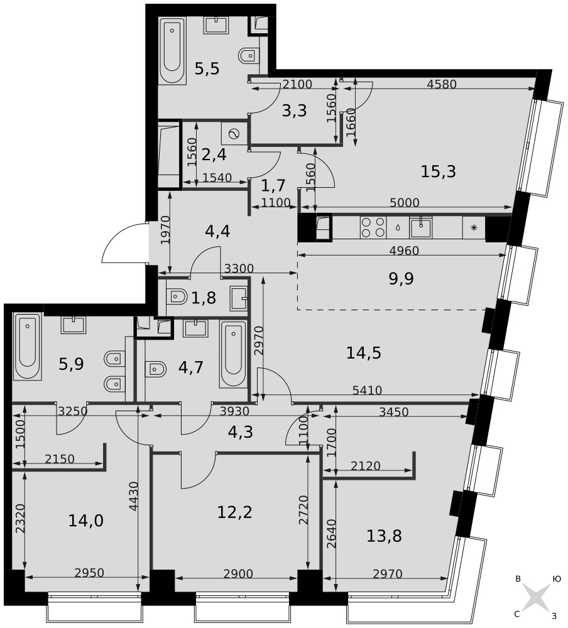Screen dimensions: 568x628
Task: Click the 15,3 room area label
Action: pos(438,171)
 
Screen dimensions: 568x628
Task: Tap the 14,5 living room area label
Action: pos(364,353)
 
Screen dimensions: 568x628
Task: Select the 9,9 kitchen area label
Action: pos(401,278)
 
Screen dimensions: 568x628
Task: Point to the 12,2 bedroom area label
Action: pos(234,512)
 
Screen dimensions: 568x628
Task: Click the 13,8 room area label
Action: pos(384,536)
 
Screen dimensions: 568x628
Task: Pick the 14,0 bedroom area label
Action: pos(86,521)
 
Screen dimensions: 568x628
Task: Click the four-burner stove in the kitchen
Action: pos(373,227)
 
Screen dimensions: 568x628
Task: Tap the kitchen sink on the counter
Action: pos(420,227)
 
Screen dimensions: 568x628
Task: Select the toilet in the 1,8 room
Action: pos(179,297)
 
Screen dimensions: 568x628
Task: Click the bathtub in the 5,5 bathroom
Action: pos(172,50)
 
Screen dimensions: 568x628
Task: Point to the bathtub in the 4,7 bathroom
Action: pos(233,354)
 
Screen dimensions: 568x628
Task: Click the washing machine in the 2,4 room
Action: pos(234,133)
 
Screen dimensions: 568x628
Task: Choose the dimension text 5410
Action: pos(367,390)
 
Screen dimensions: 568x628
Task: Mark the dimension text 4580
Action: pos(442,84)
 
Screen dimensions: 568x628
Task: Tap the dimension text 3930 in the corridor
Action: pos(234,411)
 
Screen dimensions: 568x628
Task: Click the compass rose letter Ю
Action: pos(556,579)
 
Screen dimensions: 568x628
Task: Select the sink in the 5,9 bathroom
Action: pos(74,325)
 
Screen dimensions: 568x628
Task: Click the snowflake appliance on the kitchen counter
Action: pos(474,227)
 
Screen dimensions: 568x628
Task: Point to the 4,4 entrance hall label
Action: pos(217,231)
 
